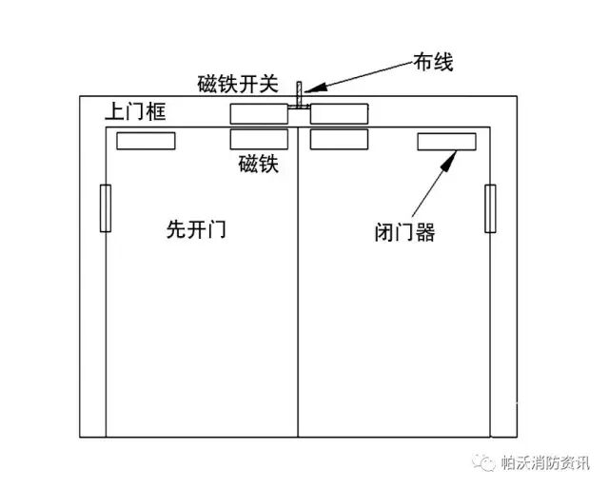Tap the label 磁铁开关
(x=238, y=85)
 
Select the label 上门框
(x=135, y=112)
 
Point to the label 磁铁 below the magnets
(x=258, y=165)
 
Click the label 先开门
(x=196, y=230)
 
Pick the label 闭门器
(x=404, y=231)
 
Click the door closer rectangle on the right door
(x=446, y=143)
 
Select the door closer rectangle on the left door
(x=146, y=142)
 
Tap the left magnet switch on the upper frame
(x=258, y=113)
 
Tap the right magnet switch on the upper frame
(x=339, y=113)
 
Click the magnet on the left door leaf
(x=258, y=139)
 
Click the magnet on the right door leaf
(x=339, y=139)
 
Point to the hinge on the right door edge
(x=491, y=209)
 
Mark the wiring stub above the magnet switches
(x=299, y=96)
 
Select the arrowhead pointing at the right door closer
(x=444, y=158)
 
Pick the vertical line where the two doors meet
(x=299, y=285)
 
